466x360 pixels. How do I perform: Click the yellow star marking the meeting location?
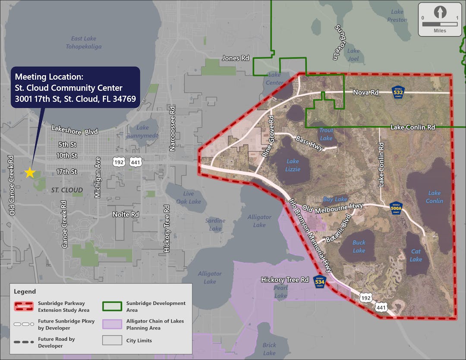30,173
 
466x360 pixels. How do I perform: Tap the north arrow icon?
440,12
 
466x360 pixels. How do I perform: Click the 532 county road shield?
398,92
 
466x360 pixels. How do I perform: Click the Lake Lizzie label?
293,165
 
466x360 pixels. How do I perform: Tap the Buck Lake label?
359,246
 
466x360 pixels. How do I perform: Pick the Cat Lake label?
416,255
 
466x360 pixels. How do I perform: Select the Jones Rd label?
236,58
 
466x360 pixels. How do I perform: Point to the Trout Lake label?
326,134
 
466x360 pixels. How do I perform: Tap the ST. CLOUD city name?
67,190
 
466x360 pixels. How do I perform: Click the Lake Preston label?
397,16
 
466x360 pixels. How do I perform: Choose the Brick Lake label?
269,349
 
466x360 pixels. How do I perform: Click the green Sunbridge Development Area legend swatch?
112,306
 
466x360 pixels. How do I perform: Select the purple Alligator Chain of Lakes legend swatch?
112,324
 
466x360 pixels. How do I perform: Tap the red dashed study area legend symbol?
24,306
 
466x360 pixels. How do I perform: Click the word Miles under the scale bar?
440,31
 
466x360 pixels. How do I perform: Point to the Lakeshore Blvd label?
75,130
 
